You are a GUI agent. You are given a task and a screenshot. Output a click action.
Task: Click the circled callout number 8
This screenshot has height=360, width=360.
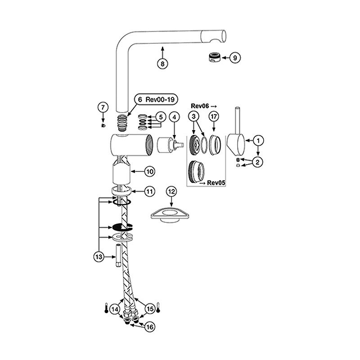(162, 63)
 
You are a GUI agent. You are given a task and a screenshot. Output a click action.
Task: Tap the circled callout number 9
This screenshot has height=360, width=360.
(235, 58)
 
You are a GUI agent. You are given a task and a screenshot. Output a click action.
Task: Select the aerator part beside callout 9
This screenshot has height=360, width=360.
(215, 57)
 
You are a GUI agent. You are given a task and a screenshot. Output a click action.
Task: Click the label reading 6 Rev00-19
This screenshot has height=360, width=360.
(156, 99)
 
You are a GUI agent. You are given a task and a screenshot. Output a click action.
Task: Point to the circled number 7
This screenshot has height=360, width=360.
(103, 107)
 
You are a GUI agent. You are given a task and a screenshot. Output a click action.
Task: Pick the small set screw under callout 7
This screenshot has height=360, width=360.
(103, 125)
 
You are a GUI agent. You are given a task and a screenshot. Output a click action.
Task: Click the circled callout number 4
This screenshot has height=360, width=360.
(174, 117)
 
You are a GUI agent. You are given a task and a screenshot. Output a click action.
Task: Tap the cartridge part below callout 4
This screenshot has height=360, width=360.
(171, 144)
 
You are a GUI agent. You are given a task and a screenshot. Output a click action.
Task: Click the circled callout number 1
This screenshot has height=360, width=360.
(258, 140)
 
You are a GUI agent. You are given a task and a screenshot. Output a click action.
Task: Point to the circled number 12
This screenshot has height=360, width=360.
(171, 192)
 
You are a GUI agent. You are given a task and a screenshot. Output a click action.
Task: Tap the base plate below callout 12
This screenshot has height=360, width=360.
(170, 215)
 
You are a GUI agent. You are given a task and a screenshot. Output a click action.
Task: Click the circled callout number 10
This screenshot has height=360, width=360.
(150, 171)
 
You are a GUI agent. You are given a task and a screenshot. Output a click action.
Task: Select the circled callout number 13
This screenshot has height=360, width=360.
(99, 256)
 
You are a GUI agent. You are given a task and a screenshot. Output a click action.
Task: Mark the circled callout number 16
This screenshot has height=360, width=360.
(149, 327)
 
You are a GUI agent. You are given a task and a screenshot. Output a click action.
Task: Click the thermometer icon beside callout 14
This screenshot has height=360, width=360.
(106, 308)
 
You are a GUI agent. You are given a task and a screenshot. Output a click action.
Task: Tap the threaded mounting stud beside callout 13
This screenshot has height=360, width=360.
(118, 256)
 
